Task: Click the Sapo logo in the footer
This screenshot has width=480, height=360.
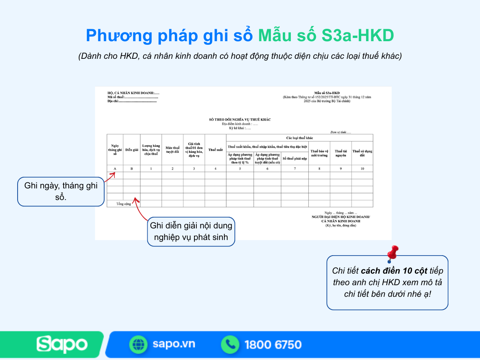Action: click(62, 344)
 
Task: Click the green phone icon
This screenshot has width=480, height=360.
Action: click(230, 344)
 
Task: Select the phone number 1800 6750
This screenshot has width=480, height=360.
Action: click(273, 344)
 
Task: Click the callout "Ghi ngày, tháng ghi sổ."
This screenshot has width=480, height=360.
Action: click(61, 192)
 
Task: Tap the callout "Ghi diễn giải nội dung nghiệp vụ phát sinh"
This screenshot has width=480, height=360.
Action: click(191, 231)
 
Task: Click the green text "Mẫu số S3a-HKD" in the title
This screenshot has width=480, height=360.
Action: click(326, 36)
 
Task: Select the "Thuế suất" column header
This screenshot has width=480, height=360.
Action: click(215, 150)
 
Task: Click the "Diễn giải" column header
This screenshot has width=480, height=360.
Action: click(132, 150)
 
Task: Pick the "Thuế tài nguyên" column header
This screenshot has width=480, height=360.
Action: click(341, 153)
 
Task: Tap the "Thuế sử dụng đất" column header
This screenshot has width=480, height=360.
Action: click(362, 153)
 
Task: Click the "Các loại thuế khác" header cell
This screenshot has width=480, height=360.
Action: click(300, 138)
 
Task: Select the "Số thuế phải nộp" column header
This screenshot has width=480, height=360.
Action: click(295, 158)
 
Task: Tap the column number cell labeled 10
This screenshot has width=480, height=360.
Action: click(362, 169)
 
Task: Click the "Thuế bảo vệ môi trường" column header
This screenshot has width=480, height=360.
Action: click(319, 153)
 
